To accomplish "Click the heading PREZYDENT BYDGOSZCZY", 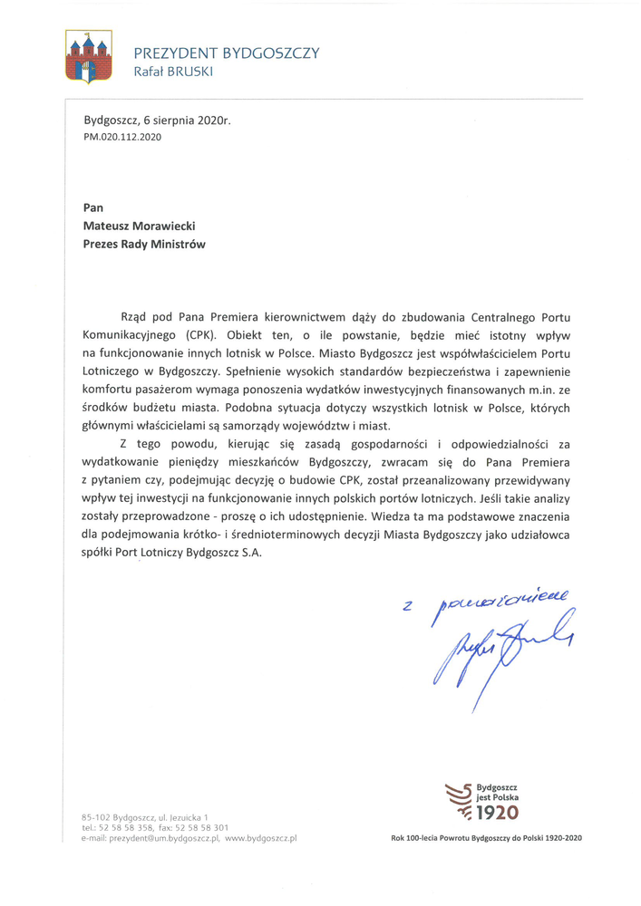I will (226, 53).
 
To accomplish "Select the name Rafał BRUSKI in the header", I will (173, 71).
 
